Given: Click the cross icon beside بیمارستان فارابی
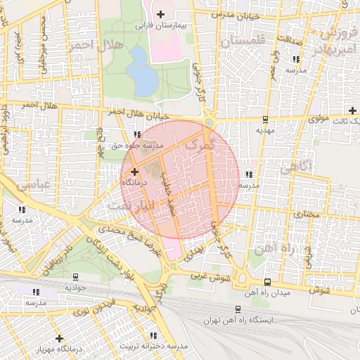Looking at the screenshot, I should (x=161, y=14).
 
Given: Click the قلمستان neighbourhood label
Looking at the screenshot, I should (x=243, y=42).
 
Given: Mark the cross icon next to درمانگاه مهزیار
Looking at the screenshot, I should (x=58, y=338).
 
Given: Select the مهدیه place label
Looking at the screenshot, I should (x=264, y=130).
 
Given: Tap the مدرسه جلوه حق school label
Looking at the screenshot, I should (x=138, y=146).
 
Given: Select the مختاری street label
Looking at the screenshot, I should (x=306, y=213).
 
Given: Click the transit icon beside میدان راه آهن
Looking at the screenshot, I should (x=266, y=282).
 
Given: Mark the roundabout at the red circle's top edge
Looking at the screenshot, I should (x=210, y=124).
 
